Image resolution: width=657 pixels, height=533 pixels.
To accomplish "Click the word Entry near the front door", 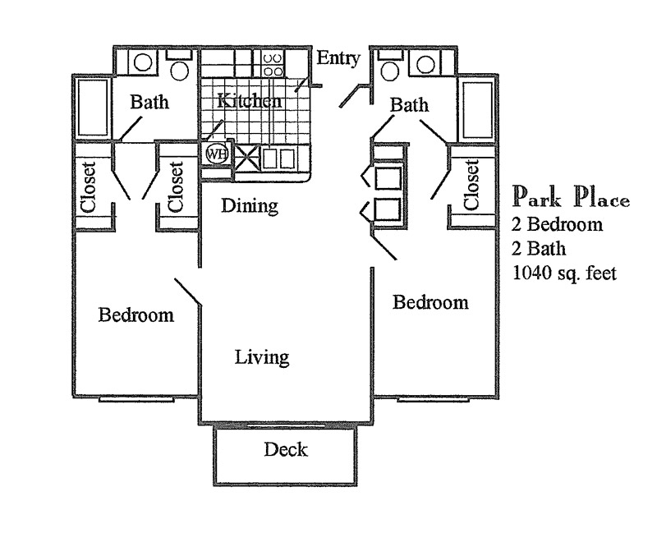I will click(x=338, y=57).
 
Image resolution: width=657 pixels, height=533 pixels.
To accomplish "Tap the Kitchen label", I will click(x=250, y=101).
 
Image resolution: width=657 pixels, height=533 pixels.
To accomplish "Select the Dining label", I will click(x=250, y=205).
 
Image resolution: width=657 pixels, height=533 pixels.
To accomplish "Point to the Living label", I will click(x=261, y=357).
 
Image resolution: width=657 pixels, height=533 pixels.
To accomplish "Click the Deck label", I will click(x=286, y=449).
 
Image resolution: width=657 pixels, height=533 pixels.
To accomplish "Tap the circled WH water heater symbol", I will click(x=215, y=154).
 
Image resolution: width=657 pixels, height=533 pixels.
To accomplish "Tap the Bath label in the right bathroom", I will click(x=408, y=104).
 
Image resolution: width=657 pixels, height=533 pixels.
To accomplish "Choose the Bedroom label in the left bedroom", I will click(x=136, y=315).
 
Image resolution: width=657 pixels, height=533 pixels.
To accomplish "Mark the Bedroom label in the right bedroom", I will click(x=430, y=302).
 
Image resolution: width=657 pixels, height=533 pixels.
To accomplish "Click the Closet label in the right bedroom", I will click(x=471, y=185).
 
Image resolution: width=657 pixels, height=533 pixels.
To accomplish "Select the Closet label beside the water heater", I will click(x=176, y=185).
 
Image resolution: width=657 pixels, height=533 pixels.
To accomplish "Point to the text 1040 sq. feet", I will click(x=564, y=273).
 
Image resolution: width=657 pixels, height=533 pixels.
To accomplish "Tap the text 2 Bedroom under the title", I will click(x=558, y=224).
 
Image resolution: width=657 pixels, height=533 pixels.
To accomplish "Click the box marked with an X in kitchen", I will click(x=247, y=158).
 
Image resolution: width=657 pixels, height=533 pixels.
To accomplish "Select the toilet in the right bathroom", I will click(x=391, y=67).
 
